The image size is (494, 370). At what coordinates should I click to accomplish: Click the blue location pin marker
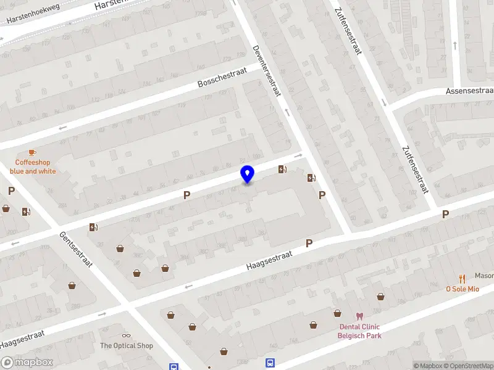(247, 175)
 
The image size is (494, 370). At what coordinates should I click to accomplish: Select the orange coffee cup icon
(32, 152)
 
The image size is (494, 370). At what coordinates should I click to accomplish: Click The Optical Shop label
(127, 346)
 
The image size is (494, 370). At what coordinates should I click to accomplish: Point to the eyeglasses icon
(127, 335)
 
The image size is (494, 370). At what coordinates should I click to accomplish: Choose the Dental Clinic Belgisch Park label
(359, 331)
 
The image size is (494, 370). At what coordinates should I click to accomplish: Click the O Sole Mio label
(463, 289)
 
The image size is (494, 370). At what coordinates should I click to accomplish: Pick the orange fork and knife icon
(461, 279)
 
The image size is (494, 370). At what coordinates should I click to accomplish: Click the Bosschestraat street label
(222, 78)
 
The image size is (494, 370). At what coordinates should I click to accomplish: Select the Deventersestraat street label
(267, 71)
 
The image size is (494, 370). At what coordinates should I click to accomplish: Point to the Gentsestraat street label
(76, 249)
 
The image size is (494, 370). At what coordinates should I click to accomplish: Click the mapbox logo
(27, 363)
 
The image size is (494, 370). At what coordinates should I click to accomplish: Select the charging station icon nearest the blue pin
(282, 170)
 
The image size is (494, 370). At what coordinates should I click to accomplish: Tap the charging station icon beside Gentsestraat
(93, 228)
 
